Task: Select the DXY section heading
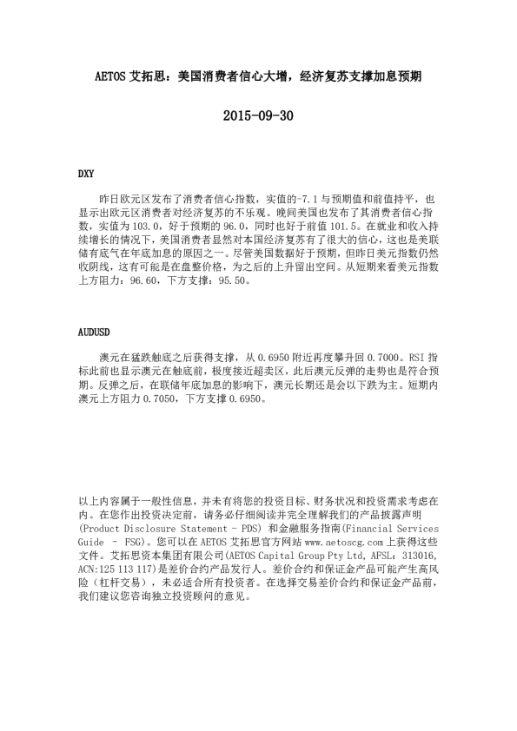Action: [x=87, y=174]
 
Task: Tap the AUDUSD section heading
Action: [x=95, y=332]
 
